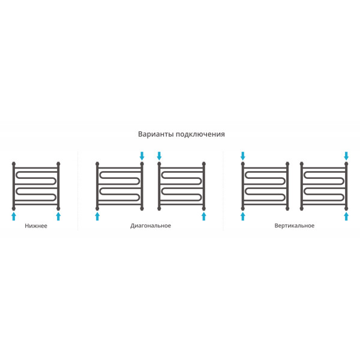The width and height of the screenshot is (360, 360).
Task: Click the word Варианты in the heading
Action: (156, 134)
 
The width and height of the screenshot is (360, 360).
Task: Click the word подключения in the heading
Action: (200, 134)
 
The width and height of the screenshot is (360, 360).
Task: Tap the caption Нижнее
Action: (36, 226)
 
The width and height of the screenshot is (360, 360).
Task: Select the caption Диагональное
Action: (151, 226)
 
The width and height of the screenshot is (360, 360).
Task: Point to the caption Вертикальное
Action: (295, 226)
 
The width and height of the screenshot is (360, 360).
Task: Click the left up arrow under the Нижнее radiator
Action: (14, 216)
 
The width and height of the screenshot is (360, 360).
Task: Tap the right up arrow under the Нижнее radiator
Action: (58, 216)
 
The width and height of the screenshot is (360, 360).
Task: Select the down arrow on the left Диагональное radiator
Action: (142, 156)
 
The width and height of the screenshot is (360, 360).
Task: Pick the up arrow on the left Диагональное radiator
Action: (97, 216)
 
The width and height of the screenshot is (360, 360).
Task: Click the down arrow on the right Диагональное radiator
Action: (159, 156)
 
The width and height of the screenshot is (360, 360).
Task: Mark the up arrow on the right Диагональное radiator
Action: (203, 216)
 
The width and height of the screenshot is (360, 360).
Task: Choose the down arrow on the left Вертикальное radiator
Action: (242, 156)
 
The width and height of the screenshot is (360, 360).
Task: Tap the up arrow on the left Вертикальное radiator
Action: (242, 216)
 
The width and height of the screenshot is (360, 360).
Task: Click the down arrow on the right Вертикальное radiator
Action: (346, 156)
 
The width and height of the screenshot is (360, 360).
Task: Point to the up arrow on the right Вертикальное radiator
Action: (346, 216)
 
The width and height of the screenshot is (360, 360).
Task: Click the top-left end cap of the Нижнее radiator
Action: (14, 164)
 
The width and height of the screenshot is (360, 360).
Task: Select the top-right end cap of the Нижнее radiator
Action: (58, 164)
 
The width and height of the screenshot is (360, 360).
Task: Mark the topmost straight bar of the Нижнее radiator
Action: (36, 168)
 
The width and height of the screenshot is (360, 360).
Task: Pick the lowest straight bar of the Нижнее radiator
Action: (36, 205)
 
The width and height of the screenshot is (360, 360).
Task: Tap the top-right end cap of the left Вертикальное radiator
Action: (287, 164)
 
